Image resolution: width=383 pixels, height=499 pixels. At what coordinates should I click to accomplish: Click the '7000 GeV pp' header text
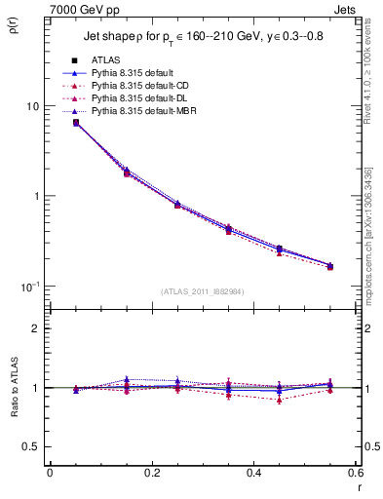[78, 8]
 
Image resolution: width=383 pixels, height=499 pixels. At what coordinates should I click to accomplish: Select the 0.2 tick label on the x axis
[151, 472]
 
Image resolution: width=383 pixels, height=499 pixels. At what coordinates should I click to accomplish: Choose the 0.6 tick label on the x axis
[356, 472]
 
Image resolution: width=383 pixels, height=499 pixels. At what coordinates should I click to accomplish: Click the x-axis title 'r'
[359, 486]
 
